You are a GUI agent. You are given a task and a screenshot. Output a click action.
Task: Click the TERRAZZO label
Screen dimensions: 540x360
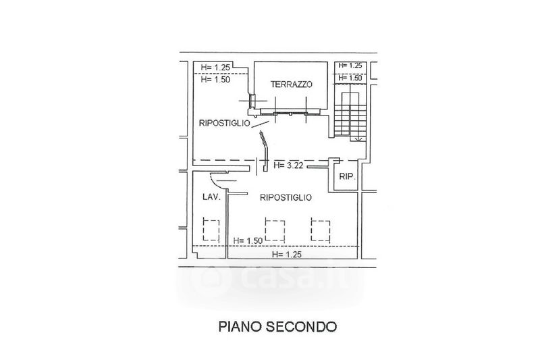coord(292,84)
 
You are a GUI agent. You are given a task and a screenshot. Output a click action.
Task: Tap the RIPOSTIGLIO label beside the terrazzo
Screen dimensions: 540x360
coord(225,123)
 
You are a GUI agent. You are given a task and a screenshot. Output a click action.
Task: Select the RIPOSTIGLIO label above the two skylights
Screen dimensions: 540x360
coord(286,197)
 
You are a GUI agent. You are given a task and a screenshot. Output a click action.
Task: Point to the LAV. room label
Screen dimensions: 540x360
coord(211,197)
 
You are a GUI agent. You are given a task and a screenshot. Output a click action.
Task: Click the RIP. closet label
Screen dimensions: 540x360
coord(347,177)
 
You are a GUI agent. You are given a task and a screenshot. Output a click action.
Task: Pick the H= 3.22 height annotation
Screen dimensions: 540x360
coord(288,165)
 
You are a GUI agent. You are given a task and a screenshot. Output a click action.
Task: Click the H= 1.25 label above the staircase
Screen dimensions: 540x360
coord(350,66)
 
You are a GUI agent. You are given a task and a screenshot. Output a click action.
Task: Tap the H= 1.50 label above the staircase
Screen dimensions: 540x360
coord(350,78)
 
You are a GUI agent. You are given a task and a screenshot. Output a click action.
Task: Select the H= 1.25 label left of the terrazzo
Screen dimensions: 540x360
coord(215,68)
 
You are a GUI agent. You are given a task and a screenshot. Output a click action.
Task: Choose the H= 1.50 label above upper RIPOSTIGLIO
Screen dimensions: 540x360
coord(215,80)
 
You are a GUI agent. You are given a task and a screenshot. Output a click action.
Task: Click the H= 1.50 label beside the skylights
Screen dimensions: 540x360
coord(248,241)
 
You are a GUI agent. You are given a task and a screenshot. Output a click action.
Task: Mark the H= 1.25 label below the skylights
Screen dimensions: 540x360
coord(286,255)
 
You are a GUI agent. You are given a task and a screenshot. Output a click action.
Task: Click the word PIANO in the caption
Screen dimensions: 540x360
coord(240,326)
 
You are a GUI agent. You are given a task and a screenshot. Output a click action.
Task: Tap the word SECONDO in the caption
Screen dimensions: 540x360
coord(302,326)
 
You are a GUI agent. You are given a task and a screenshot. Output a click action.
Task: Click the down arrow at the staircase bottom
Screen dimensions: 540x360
coord(358,138)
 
